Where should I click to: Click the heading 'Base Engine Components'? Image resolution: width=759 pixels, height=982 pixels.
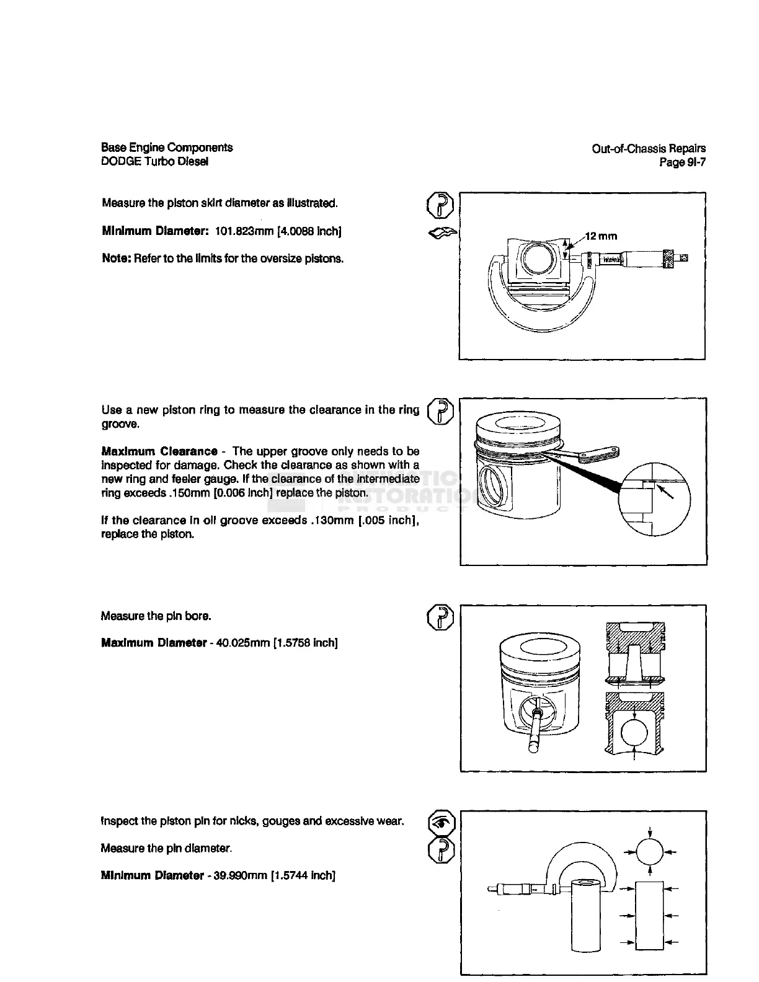tap(167, 148)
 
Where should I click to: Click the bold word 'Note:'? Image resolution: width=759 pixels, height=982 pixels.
tap(116, 258)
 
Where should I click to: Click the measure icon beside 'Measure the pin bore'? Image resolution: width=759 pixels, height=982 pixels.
tap(441, 617)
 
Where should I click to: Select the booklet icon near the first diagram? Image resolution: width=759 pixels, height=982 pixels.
tap(443, 233)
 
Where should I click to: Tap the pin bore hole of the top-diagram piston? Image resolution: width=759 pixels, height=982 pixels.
tap(534, 259)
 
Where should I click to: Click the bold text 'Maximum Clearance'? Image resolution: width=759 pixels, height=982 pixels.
tap(159, 451)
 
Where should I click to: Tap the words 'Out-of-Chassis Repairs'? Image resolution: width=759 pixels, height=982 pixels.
tap(649, 148)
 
